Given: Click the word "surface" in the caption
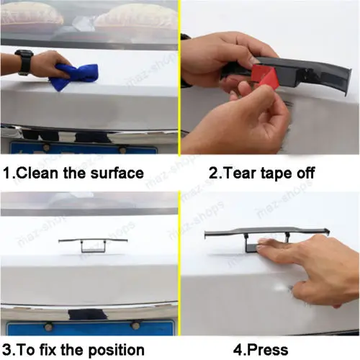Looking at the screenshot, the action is tap(117, 174).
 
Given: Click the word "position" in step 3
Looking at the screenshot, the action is tap(117, 351).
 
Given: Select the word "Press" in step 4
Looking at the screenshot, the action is tap(268, 350).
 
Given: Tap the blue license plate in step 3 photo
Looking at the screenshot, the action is tap(90, 327).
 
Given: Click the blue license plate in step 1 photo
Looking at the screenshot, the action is tap(83, 148).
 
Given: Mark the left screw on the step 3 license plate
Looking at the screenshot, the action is tap(48, 326).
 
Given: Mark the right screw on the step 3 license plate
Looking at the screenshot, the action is tap(135, 325).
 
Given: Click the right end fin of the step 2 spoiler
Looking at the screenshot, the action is tap(348, 81).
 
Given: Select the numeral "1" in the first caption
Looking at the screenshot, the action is tap(6, 174).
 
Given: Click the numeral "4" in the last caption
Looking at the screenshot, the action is tap(238, 350).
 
